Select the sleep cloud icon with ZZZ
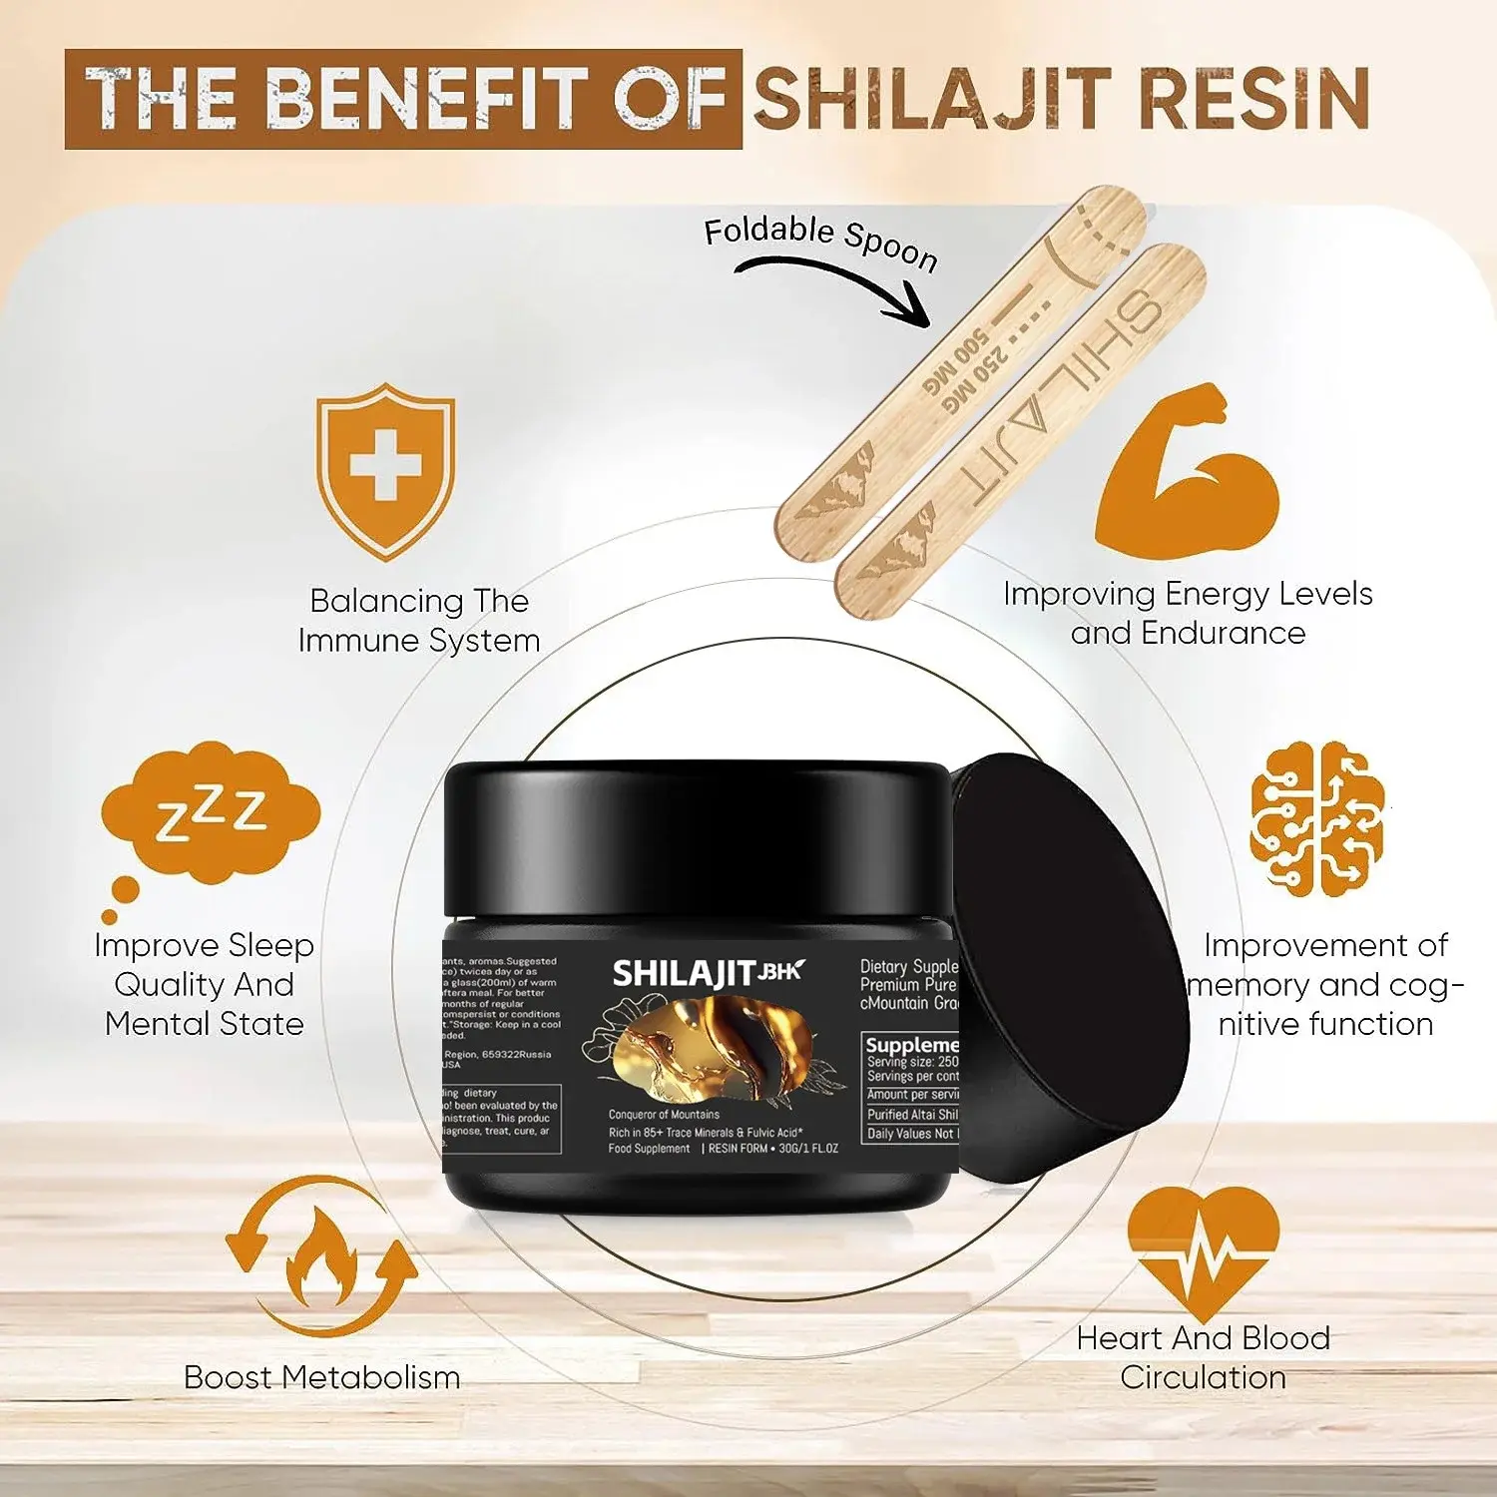[211, 814]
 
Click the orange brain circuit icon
[1316, 817]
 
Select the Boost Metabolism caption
[321, 1377]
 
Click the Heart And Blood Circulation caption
[1203, 1357]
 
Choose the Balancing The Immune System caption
[419, 620]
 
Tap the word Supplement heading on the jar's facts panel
[911, 1045]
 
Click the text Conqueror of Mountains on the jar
[664, 1114]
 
